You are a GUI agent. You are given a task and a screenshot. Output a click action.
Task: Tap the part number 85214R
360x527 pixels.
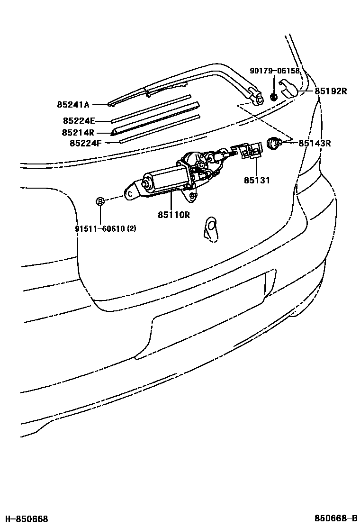[x=78, y=133]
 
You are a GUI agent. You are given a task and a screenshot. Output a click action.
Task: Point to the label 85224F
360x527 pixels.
[x=86, y=142]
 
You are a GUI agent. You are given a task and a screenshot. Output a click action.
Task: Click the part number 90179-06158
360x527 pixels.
[x=275, y=71]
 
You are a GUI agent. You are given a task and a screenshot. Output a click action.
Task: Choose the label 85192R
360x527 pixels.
[x=331, y=91]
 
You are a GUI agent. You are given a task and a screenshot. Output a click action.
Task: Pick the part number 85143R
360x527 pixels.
[x=314, y=143]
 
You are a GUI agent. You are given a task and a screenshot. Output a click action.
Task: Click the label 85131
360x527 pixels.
[x=256, y=180]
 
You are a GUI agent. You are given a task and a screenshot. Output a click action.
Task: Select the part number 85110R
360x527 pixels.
[x=174, y=215]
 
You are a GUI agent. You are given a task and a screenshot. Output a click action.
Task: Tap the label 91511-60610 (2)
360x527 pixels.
[x=106, y=229]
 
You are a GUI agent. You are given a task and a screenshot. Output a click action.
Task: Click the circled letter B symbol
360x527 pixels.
[x=100, y=201]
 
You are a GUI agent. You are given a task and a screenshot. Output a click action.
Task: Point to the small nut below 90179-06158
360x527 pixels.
[x=273, y=97]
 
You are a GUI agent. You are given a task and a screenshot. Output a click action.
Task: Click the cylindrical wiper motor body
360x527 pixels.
[x=163, y=181]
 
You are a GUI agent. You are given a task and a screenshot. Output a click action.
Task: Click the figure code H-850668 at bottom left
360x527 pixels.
[x=27, y=519]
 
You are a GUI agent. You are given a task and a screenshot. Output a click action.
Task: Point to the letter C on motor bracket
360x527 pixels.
[x=128, y=193]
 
